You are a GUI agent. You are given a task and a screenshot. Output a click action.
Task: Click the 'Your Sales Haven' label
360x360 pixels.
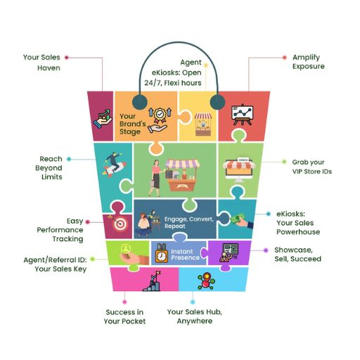point(41,63)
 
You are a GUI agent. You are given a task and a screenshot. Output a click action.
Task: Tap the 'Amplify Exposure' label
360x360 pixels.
point(309,62)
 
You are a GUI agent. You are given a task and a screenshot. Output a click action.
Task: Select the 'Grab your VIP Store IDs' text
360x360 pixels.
point(312,167)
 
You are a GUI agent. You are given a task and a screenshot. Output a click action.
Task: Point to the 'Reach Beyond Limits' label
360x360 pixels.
point(49,168)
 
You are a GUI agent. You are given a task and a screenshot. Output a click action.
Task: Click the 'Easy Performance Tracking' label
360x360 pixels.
point(60,230)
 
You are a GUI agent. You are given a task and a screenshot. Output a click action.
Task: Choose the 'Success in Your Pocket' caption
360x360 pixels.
point(124,316)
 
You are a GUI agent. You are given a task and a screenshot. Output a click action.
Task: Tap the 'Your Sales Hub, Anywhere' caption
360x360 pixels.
point(195,316)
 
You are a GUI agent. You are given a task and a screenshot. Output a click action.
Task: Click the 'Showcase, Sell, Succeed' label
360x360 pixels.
point(297,255)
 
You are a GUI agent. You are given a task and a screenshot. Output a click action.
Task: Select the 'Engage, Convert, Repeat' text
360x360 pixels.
point(189,222)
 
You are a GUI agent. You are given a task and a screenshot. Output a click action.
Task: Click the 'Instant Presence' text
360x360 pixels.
point(185,255)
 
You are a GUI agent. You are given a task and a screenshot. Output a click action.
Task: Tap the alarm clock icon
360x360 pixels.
point(162,254)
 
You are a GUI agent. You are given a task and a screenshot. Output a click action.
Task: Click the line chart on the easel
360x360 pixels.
point(242,114)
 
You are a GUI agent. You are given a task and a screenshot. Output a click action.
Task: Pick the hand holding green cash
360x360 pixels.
point(241,221)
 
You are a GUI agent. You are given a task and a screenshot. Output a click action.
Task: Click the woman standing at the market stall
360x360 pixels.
point(155,178)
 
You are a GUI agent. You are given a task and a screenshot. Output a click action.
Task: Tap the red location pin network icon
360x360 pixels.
point(206,281)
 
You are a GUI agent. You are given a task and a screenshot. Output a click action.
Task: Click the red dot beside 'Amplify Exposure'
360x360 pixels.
point(285,58)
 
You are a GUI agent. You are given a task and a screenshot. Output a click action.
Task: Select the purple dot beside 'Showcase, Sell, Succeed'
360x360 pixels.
point(266,250)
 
